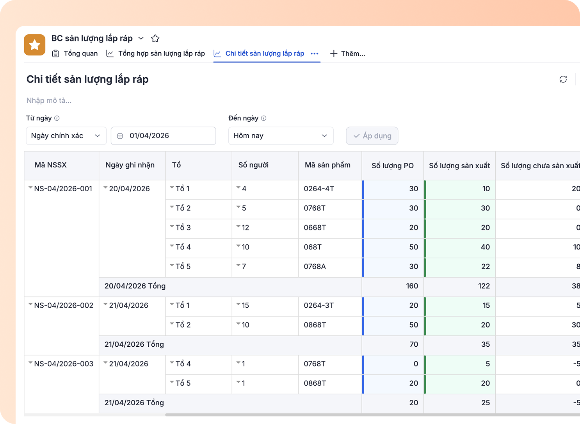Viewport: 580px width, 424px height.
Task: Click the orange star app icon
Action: pos(34,45)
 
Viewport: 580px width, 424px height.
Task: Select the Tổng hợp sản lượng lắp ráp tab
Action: pos(155,53)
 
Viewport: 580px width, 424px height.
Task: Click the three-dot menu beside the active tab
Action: pos(314,53)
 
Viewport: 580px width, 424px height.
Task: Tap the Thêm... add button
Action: pos(347,53)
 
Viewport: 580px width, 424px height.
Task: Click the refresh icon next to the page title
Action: pos(563,79)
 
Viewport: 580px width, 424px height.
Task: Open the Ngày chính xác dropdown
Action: pos(66,136)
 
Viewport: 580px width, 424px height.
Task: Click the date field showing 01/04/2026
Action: pos(164,136)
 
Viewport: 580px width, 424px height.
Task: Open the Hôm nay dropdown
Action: pos(281,136)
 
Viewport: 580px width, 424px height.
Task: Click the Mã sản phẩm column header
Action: pos(327,165)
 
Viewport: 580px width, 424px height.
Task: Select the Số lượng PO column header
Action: pos(393,166)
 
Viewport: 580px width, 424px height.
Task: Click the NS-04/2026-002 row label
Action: pos(64,305)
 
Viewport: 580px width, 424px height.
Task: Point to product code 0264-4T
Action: pos(319,189)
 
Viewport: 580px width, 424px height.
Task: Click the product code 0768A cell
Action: pos(315,267)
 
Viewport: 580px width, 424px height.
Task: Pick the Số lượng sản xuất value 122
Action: pos(484,286)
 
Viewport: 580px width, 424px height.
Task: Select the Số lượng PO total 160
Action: pos(412,286)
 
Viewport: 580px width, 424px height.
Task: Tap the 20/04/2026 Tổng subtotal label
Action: pos(135,286)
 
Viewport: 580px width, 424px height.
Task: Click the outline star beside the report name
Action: pos(155,38)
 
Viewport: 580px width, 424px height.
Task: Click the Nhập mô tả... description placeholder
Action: pos(49,100)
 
